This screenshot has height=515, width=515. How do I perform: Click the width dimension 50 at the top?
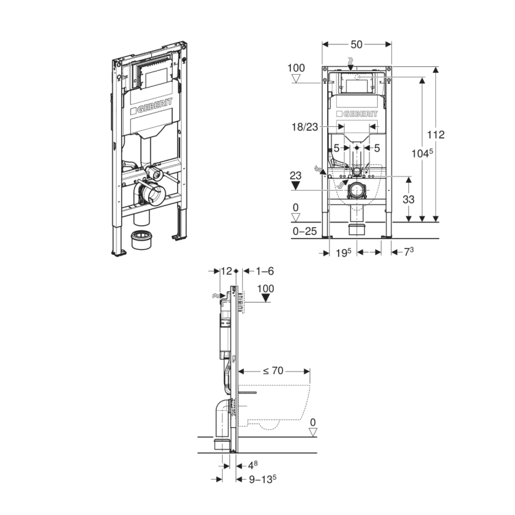tap(357, 44)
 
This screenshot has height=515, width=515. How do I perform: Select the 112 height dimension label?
tap(436, 135)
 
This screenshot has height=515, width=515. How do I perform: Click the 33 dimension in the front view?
tap(408, 200)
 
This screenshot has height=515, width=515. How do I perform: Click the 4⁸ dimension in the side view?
tap(253, 464)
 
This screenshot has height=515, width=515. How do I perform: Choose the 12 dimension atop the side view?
tap(225, 272)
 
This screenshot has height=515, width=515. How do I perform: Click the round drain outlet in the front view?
tap(356, 190)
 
